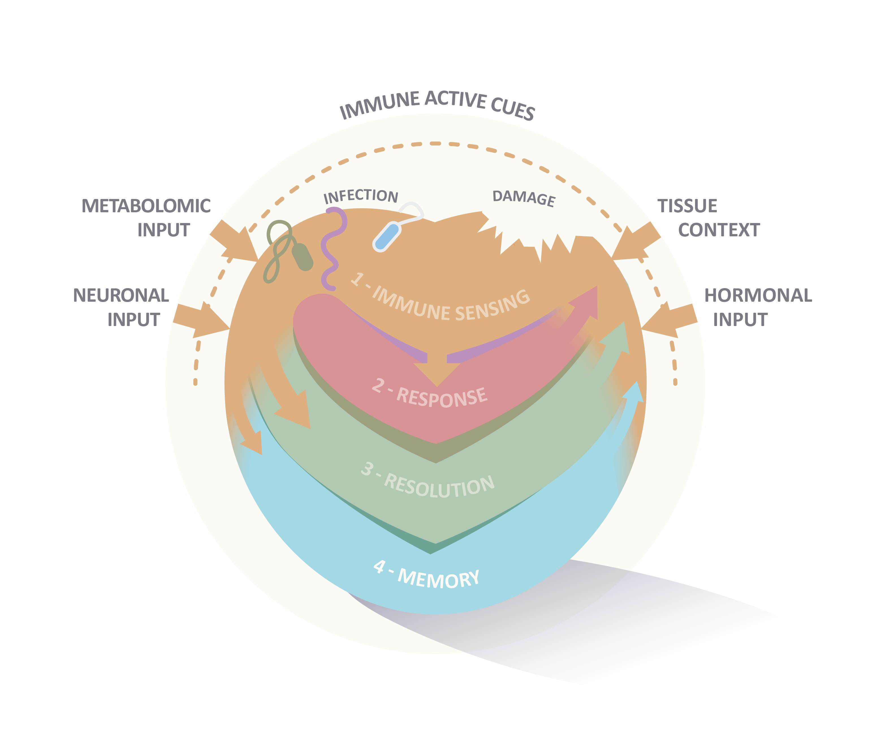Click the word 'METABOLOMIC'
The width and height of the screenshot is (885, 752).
(x=146, y=206)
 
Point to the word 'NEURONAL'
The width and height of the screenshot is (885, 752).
(x=121, y=295)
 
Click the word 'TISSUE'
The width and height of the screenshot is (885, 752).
(x=687, y=206)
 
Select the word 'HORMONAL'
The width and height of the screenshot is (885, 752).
(x=758, y=295)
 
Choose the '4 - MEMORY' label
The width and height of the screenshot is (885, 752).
(x=426, y=576)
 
